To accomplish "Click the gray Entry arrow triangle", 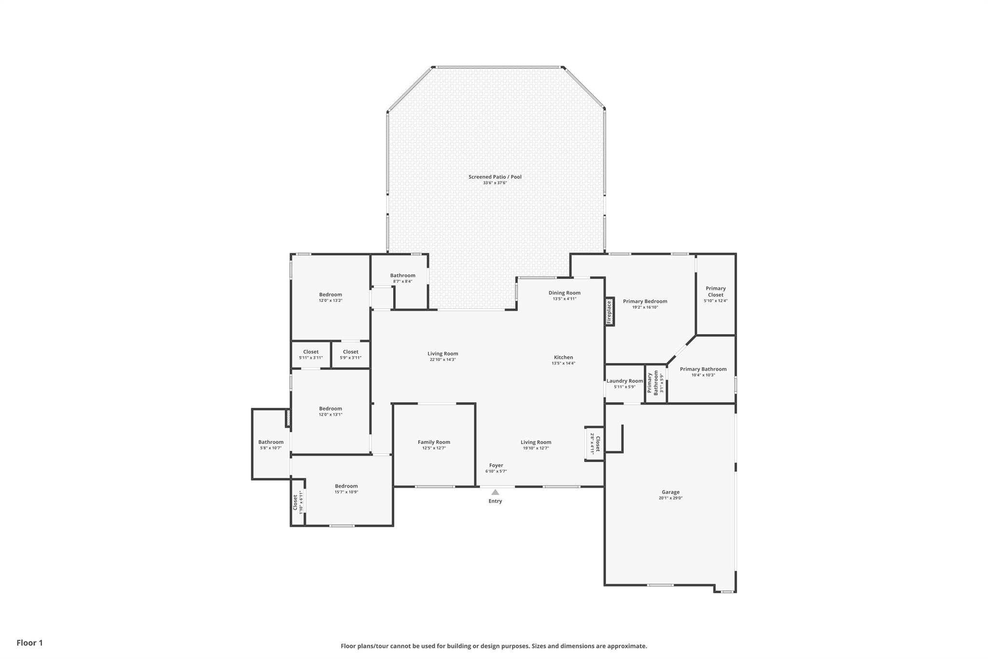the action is pyautogui.click(x=495, y=492).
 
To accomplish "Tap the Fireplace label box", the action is pyautogui.click(x=609, y=311).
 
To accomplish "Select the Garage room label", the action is pyautogui.click(x=671, y=492).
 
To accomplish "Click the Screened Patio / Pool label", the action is pyautogui.click(x=495, y=177).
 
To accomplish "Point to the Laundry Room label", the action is pyautogui.click(x=625, y=381).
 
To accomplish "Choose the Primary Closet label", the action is pyautogui.click(x=715, y=292).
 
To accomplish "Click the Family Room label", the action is pyautogui.click(x=434, y=442).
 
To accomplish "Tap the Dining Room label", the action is pyautogui.click(x=564, y=293).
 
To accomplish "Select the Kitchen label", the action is pyautogui.click(x=563, y=357).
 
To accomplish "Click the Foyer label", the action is pyautogui.click(x=496, y=465).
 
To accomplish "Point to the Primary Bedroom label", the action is pyautogui.click(x=645, y=301).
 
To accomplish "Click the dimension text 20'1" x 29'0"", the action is pyautogui.click(x=671, y=498).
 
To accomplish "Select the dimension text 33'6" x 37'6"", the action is pyautogui.click(x=495, y=182).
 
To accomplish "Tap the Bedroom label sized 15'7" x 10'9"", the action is pyautogui.click(x=346, y=486).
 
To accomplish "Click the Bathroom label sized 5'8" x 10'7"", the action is pyautogui.click(x=271, y=442).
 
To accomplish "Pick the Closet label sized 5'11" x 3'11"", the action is pyautogui.click(x=311, y=352).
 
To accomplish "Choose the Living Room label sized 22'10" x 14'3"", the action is pyautogui.click(x=443, y=353).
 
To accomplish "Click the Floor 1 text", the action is pyautogui.click(x=29, y=643).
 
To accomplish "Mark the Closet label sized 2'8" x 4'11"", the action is pyautogui.click(x=598, y=444).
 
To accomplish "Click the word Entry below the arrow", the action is pyautogui.click(x=495, y=501).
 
